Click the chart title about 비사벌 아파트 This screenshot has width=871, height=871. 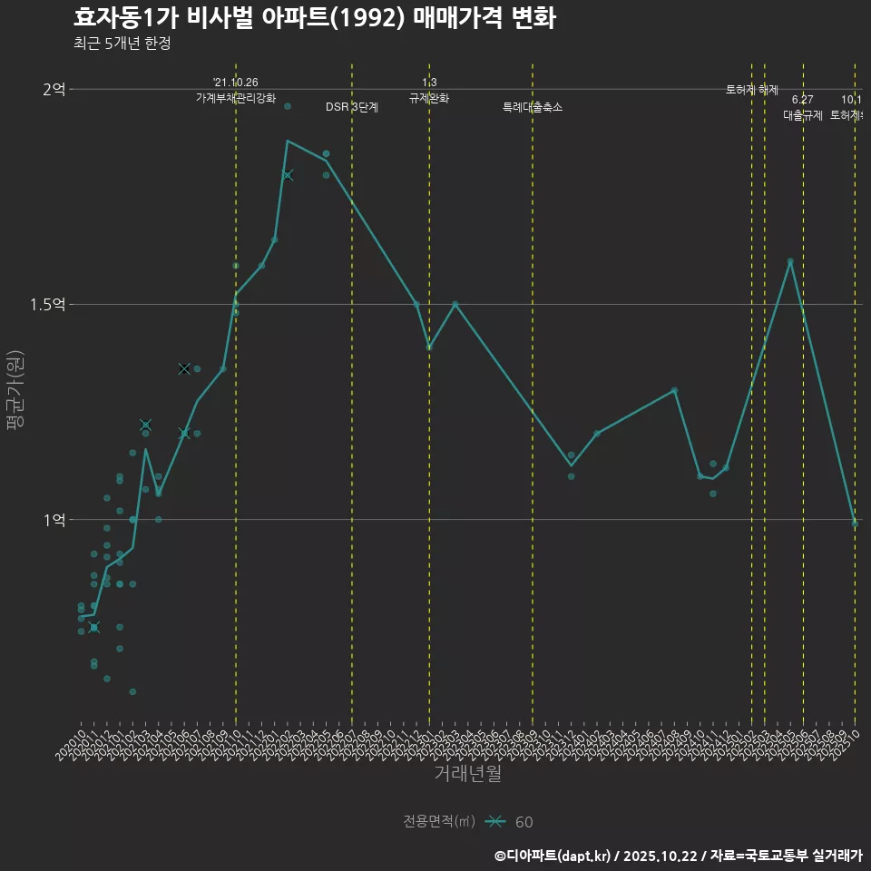point(314,18)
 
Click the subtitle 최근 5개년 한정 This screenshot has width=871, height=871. point(122,43)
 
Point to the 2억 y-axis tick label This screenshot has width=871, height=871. point(54,89)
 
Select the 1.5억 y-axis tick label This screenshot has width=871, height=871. point(48,305)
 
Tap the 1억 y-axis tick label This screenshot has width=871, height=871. point(54,520)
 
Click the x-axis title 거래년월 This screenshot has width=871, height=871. point(467,774)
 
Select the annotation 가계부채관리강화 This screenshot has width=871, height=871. point(236,98)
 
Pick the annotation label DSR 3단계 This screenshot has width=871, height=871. point(352,107)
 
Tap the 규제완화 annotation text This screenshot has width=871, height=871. point(429,98)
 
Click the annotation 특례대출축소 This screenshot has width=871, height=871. point(533,107)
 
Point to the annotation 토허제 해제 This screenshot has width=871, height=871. point(752,90)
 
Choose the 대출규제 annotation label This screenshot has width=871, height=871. point(802,115)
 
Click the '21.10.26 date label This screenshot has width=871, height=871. point(236,83)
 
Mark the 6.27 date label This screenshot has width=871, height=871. point(802,100)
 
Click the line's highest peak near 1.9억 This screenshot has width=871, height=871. point(288,141)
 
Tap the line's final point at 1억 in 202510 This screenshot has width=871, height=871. point(854,522)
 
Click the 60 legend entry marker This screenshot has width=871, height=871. point(494,822)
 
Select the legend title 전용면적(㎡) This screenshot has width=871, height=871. point(439,822)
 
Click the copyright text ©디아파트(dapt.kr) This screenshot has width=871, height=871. point(554,855)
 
